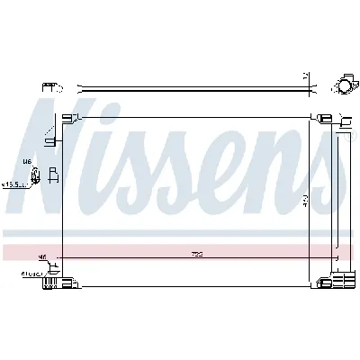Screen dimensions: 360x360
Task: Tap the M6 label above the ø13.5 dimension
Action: (x=27, y=163)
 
